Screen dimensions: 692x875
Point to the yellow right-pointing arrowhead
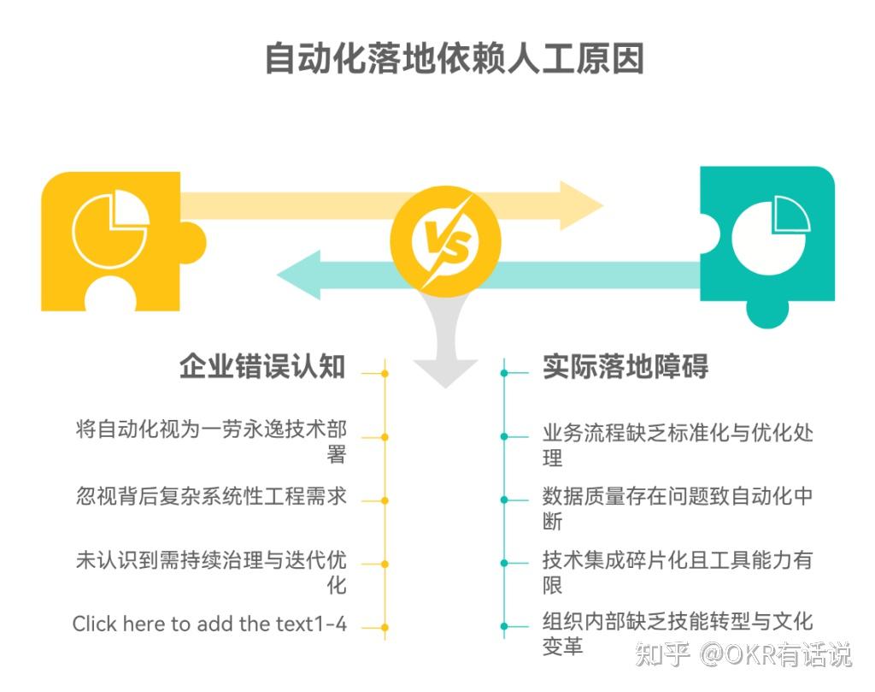(x=581, y=205)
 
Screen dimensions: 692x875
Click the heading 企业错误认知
(x=262, y=367)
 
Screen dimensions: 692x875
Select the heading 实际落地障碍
(x=625, y=367)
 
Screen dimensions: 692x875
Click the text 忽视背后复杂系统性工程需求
(x=211, y=496)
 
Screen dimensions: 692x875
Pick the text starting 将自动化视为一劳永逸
(x=211, y=441)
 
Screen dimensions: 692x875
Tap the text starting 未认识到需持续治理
(x=211, y=573)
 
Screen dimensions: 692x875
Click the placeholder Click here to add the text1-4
(x=209, y=624)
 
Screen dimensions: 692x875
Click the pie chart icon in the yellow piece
(x=109, y=228)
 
